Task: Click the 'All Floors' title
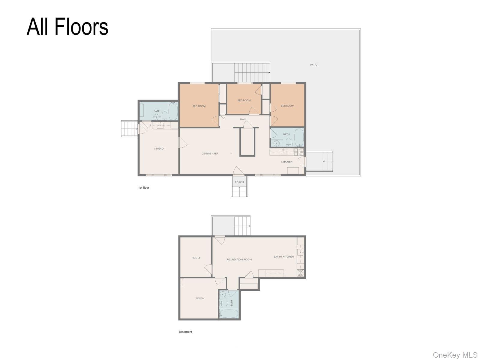coord(67,27)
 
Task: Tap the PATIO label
coord(313,65)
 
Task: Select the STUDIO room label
coord(159,148)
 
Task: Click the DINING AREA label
coord(210,153)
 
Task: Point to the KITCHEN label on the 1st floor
coord(287,162)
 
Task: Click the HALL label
coord(243,119)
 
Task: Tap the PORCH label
coord(239,182)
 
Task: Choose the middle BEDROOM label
coord(244,100)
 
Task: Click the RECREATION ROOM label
coord(239,259)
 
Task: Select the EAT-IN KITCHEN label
coord(283,256)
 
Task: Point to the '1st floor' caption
coord(144,187)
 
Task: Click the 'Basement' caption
coord(185,331)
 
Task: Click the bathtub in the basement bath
coord(229,314)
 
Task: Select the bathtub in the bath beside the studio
coord(173,111)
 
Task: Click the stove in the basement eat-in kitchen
coord(300,273)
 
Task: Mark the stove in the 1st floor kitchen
coord(299,152)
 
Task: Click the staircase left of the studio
coord(130,129)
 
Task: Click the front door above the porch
coord(238,171)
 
